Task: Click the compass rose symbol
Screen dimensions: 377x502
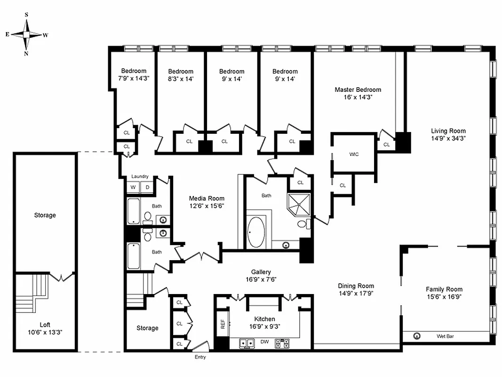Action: [x=27, y=34]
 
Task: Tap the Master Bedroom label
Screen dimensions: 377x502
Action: [x=358, y=90]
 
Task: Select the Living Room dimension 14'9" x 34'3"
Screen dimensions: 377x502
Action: [x=448, y=139]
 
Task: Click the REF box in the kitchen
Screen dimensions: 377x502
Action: [x=222, y=324]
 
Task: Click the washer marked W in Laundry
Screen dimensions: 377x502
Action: [x=133, y=188]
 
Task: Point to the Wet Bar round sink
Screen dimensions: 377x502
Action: [x=417, y=336]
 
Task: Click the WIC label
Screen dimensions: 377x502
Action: [x=354, y=155]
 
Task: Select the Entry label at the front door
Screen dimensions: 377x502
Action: [x=200, y=357]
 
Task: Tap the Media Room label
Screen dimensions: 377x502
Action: [x=207, y=198]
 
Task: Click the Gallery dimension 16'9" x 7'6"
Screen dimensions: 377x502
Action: [x=261, y=279]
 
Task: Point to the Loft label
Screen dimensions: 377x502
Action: [x=45, y=325]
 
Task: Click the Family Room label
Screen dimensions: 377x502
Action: [x=444, y=289]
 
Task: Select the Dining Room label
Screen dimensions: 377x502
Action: [x=356, y=286]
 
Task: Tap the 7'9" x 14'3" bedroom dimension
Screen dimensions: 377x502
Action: [x=134, y=79]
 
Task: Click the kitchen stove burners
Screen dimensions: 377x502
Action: [x=282, y=343]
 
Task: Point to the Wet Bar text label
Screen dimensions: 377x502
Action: [x=444, y=336]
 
